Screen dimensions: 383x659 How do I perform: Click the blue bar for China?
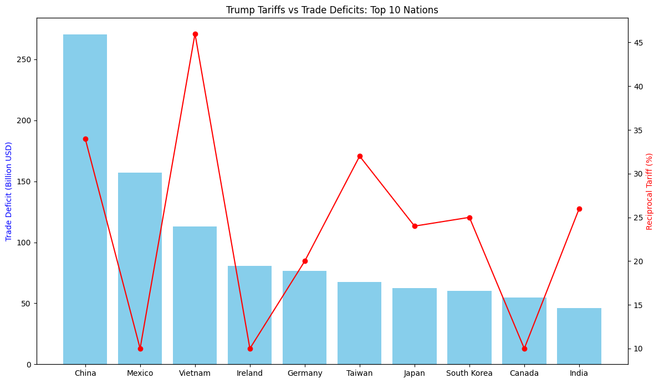pyautogui.click(x=85, y=200)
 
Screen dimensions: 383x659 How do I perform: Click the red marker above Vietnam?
pyautogui.click(x=195, y=34)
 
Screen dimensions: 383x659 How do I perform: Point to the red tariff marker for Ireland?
pyautogui.click(x=250, y=349)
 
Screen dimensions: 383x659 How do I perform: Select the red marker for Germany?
pyautogui.click(x=305, y=261)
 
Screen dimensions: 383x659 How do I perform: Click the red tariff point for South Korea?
pyautogui.click(x=469, y=218)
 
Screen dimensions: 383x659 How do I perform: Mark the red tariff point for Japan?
pyautogui.click(x=414, y=226)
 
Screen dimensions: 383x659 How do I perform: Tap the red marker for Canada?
pyautogui.click(x=524, y=349)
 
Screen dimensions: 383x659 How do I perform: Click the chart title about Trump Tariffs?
pyautogui.click(x=332, y=10)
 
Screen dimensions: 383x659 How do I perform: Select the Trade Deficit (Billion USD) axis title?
pyautogui.click(x=9, y=191)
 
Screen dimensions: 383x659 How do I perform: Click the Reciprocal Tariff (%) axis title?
pyautogui.click(x=650, y=191)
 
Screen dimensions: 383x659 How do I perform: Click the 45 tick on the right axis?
pyautogui.click(x=638, y=43)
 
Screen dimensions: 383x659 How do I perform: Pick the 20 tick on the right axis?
pyautogui.click(x=638, y=261)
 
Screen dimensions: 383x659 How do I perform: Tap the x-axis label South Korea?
pyautogui.click(x=469, y=373)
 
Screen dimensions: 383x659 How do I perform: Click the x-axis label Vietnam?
pyautogui.click(x=195, y=373)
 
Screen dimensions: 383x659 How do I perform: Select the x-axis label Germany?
pyautogui.click(x=305, y=373)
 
